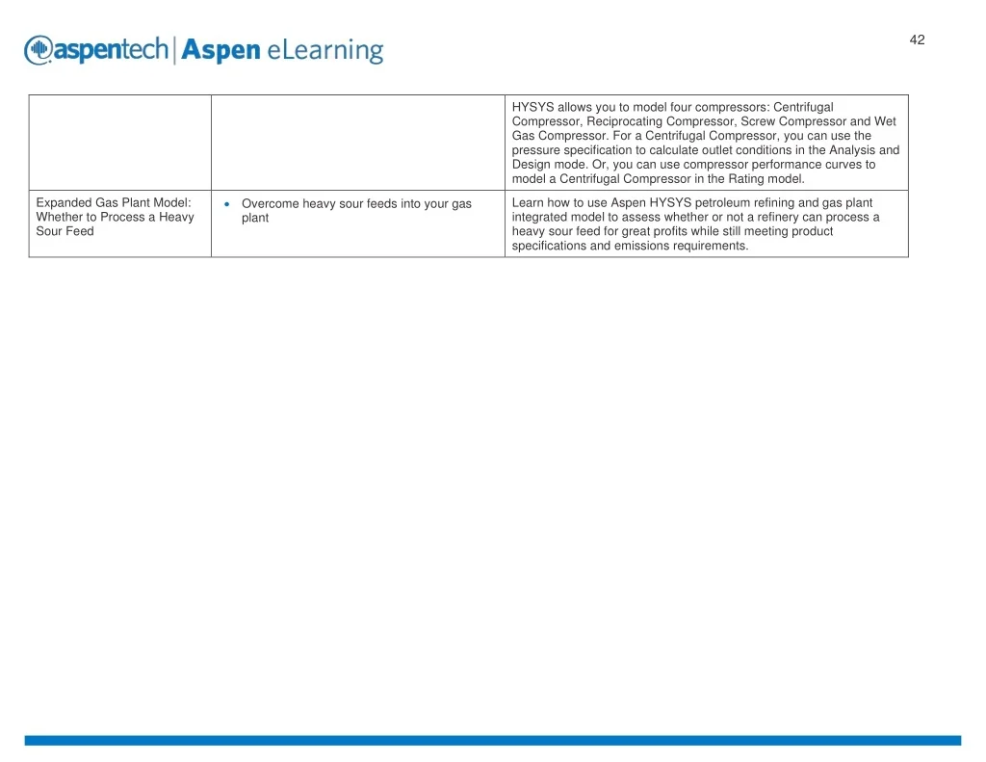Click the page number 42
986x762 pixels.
[917, 39]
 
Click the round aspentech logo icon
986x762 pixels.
[39, 50]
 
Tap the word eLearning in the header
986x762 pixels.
[325, 51]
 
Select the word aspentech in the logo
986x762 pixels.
[112, 50]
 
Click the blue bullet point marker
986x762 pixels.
[227, 204]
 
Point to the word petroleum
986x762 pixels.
[722, 202]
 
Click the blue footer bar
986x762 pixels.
[493, 741]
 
